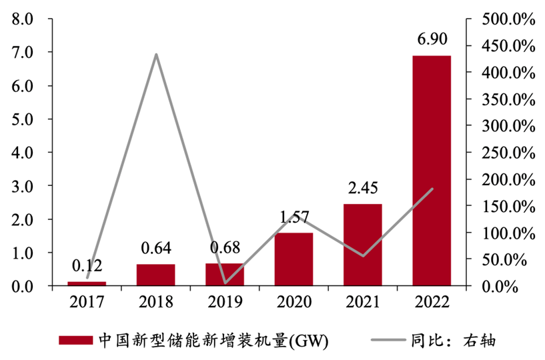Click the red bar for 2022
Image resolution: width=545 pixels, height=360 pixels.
(x=431, y=171)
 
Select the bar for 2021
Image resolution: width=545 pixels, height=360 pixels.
(x=362, y=245)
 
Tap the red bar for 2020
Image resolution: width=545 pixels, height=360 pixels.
(x=294, y=259)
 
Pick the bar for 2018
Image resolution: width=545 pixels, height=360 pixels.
(x=156, y=275)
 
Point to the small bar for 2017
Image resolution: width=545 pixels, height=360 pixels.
(x=87, y=283)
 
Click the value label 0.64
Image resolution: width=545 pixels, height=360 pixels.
(x=156, y=250)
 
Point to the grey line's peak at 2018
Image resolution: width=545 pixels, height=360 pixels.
(x=156, y=54)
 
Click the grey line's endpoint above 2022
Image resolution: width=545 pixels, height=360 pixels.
(x=432, y=189)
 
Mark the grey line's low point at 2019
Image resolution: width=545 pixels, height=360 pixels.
(x=225, y=283)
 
